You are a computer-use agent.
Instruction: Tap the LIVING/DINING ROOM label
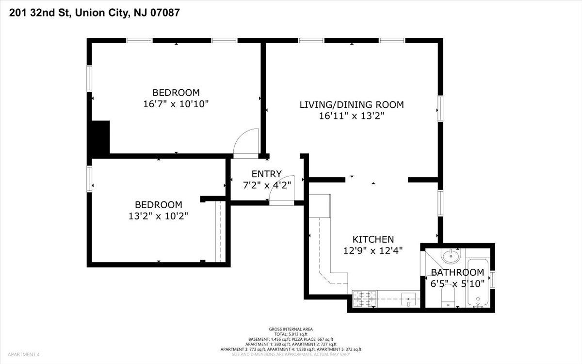click(352, 104)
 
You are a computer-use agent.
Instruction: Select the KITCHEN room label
click(373, 239)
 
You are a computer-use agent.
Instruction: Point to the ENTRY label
click(267, 174)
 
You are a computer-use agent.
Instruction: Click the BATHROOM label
click(457, 272)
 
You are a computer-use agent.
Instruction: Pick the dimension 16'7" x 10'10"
click(176, 104)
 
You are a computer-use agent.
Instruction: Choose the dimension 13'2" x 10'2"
click(158, 216)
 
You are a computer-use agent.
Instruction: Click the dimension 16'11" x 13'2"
click(352, 116)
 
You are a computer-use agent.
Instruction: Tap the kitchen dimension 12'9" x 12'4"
click(373, 250)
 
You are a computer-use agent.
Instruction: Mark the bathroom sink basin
click(451, 256)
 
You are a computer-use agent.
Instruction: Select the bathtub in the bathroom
click(478, 283)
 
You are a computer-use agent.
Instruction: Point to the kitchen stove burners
click(365, 299)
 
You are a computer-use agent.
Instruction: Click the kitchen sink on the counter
click(408, 299)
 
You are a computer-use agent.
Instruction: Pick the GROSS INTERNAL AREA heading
click(291, 329)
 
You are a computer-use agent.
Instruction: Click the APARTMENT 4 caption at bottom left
click(24, 354)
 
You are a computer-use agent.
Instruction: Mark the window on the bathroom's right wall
click(492, 279)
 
